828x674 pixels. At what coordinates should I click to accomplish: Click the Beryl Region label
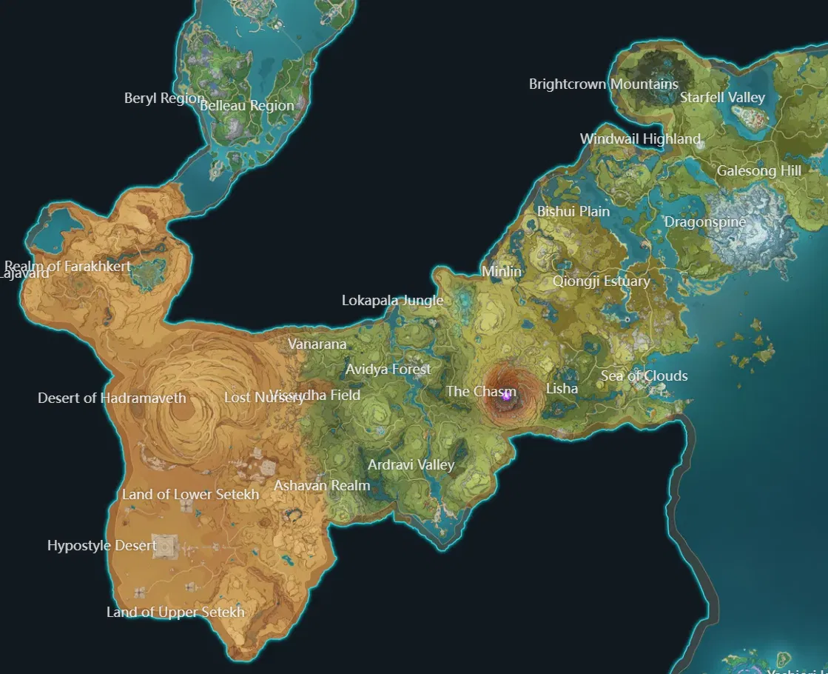[164, 99]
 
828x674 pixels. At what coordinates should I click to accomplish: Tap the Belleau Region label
[247, 106]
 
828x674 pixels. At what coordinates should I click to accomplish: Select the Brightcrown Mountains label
[603, 84]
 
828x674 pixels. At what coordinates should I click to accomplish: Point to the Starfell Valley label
[722, 98]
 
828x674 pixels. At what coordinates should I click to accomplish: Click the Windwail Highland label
[640, 139]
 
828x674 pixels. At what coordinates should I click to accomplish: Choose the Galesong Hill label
[758, 171]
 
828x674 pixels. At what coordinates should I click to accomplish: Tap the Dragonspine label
[704, 222]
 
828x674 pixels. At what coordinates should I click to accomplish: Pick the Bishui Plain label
[573, 212]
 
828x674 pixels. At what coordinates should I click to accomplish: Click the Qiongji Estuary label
[601, 281]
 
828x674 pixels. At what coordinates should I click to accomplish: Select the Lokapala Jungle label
[392, 301]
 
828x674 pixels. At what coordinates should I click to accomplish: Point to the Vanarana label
[317, 344]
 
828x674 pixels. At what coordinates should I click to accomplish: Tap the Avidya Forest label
[388, 369]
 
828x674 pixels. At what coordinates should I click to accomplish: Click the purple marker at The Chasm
[507, 396]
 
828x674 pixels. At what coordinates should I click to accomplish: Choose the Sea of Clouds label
[644, 376]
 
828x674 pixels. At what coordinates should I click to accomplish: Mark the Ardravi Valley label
[411, 465]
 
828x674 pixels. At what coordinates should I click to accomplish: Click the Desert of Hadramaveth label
[112, 398]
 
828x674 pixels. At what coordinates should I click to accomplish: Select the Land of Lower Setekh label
[190, 495]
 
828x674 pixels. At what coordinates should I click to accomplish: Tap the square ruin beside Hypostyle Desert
[165, 547]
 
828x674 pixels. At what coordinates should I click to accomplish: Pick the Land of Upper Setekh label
[175, 613]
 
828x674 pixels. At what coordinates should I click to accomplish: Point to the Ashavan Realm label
[322, 486]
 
